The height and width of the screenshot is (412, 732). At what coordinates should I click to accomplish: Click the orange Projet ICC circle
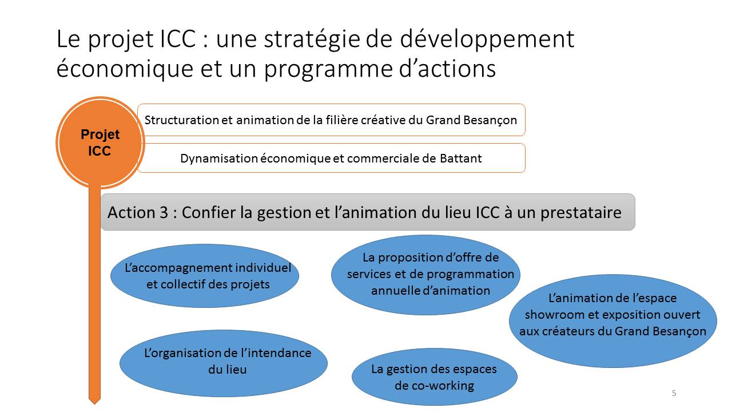(100, 142)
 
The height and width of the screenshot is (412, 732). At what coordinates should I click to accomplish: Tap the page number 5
(674, 393)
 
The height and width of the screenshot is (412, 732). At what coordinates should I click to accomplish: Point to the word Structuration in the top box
(182, 120)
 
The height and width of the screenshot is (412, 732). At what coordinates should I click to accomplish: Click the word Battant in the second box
(461, 159)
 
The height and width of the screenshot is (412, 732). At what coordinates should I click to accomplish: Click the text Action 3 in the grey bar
(138, 212)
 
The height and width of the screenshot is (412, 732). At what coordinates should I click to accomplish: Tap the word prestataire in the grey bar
(580, 212)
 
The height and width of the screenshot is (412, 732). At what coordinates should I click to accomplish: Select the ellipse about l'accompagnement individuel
(205, 276)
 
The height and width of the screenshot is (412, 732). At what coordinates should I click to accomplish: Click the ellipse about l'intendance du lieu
(224, 363)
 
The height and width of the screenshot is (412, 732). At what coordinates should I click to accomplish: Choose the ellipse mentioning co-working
(434, 377)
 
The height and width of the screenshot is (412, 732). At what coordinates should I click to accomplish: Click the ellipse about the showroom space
(612, 321)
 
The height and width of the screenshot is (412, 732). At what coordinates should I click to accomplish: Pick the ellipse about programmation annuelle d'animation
(425, 275)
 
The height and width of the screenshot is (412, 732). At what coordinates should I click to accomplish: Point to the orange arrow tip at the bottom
(94, 403)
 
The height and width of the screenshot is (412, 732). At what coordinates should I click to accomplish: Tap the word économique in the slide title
(125, 69)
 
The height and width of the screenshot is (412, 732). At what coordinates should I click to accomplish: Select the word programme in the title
(328, 69)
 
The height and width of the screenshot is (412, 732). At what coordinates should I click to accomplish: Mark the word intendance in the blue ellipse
(276, 353)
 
